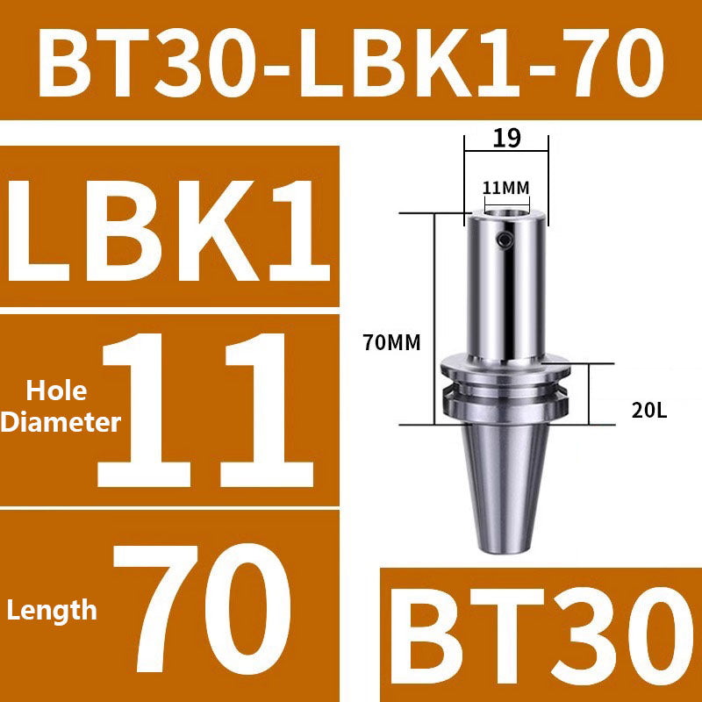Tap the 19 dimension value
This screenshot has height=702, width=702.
(x=506, y=138)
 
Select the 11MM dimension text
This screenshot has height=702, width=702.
(x=505, y=187)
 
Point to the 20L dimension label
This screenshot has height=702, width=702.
(x=649, y=408)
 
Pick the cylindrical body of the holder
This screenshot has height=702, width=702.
(x=506, y=290)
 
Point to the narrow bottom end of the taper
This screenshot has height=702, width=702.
(x=506, y=546)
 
